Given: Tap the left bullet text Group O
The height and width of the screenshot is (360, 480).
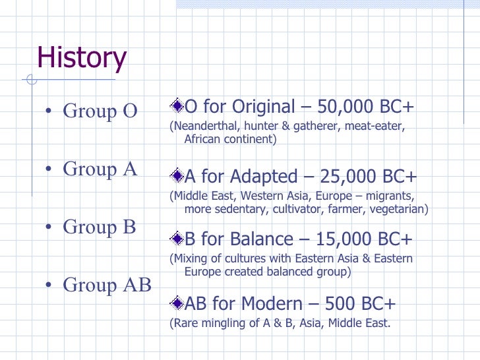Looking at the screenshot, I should (x=100, y=111).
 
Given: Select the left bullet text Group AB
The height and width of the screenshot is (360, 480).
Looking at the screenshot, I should (x=107, y=285).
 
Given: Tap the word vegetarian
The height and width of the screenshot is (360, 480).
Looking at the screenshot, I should (x=398, y=210).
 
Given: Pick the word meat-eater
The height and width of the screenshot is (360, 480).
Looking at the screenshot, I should (x=375, y=126).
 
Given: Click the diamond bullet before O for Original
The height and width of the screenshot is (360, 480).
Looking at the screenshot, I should (x=177, y=105).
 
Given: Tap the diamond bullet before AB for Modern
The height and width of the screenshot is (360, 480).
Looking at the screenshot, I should (x=177, y=303).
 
